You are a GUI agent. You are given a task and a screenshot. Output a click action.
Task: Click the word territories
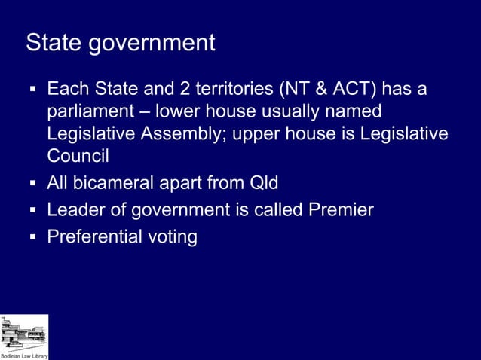tap(234, 90)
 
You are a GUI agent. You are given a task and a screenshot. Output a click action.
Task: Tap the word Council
tap(78, 156)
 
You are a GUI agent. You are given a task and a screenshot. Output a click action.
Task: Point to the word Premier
tap(342, 210)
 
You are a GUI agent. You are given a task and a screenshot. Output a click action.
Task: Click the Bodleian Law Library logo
tap(24, 337)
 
